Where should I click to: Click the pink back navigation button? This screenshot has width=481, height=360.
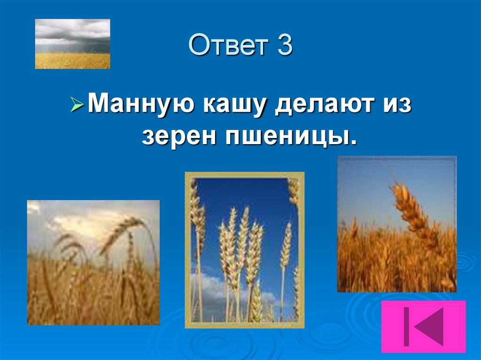click(423, 326)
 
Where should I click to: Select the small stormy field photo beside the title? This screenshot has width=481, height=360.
click(72, 44)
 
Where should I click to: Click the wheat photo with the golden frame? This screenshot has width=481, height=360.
click(244, 250)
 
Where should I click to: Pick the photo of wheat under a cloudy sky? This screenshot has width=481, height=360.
click(93, 262)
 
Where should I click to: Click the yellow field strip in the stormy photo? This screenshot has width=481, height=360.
click(72, 61)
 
